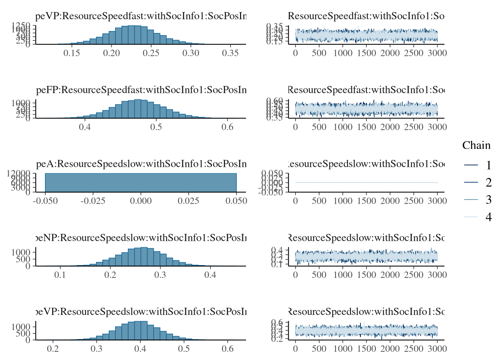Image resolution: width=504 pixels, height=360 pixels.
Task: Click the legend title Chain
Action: (x=476, y=145)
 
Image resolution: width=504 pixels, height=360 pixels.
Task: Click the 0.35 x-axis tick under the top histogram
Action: (x=230, y=53)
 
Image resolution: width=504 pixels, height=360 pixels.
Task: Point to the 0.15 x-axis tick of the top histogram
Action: (x=72, y=53)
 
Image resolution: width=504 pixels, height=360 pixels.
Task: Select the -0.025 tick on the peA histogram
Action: (x=93, y=201)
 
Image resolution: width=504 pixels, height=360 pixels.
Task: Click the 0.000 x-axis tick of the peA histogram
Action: (x=141, y=201)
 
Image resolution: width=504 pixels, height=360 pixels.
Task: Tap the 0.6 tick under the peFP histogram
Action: (x=227, y=127)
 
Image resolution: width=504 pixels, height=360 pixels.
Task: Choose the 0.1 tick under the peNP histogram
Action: (x=60, y=275)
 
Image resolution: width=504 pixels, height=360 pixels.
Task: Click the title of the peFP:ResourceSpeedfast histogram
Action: (x=141, y=90)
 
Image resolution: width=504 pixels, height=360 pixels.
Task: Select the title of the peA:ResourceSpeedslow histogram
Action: (x=141, y=164)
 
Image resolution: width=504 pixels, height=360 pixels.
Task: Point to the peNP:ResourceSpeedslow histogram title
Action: (x=141, y=238)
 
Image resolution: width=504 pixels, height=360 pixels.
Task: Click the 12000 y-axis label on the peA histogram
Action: (x=19, y=173)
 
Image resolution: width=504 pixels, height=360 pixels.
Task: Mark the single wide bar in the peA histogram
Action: (x=141, y=183)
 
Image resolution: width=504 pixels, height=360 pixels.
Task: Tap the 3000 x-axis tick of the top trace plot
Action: (x=437, y=53)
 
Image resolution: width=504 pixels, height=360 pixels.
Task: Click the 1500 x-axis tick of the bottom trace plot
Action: (x=366, y=349)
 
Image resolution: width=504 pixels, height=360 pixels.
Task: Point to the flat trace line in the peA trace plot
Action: (x=366, y=183)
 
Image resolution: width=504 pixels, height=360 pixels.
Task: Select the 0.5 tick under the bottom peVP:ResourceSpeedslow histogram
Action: (x=184, y=349)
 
